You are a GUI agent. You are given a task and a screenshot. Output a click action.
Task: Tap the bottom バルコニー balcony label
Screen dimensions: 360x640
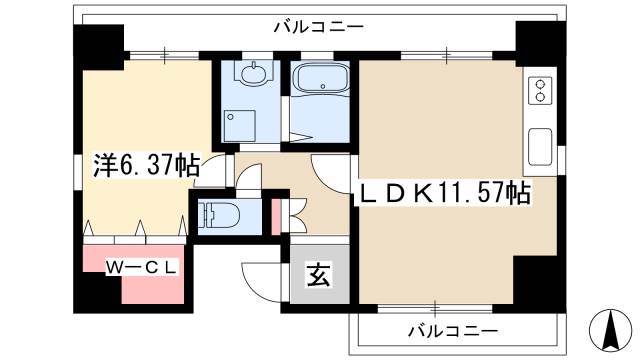click(x=451, y=330)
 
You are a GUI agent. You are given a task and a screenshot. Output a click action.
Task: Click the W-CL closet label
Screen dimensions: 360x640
click(x=144, y=267)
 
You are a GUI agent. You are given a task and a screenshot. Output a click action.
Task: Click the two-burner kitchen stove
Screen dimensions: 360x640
click(x=541, y=91)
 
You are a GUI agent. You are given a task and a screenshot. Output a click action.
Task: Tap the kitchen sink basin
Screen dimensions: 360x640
click(x=540, y=146)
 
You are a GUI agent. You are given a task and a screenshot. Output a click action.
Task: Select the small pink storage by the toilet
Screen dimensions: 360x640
click(x=276, y=216)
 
